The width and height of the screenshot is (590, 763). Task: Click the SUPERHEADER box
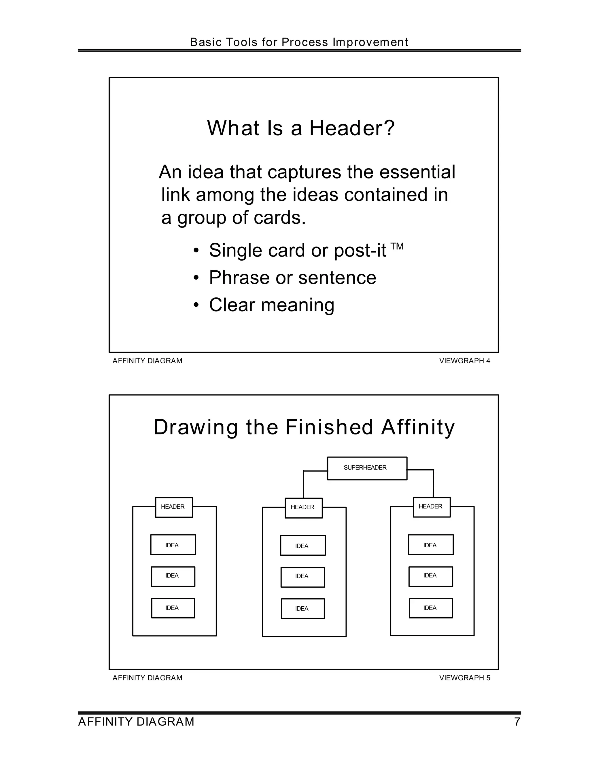pos(367,468)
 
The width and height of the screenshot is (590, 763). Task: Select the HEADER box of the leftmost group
pos(174,507)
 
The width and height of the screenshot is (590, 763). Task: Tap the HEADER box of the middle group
pos(303,508)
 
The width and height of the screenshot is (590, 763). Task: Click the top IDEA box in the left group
pos(173,545)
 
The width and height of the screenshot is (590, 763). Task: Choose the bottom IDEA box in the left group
pos(173,608)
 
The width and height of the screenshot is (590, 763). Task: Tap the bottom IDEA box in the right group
pos(431,608)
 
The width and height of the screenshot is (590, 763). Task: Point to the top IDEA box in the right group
pos(431,545)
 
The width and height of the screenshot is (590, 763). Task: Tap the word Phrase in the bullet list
pos(239,278)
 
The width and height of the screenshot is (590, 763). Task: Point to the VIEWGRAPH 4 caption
pos(464,361)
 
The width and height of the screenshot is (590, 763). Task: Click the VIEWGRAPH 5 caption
pos(464,678)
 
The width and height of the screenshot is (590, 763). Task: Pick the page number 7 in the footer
pos(517,722)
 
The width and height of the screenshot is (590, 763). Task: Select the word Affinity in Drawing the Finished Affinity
pos(418,427)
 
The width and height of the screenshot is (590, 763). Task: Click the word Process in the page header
pos(305,42)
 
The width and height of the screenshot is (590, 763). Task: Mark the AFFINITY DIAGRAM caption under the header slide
pos(147,361)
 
